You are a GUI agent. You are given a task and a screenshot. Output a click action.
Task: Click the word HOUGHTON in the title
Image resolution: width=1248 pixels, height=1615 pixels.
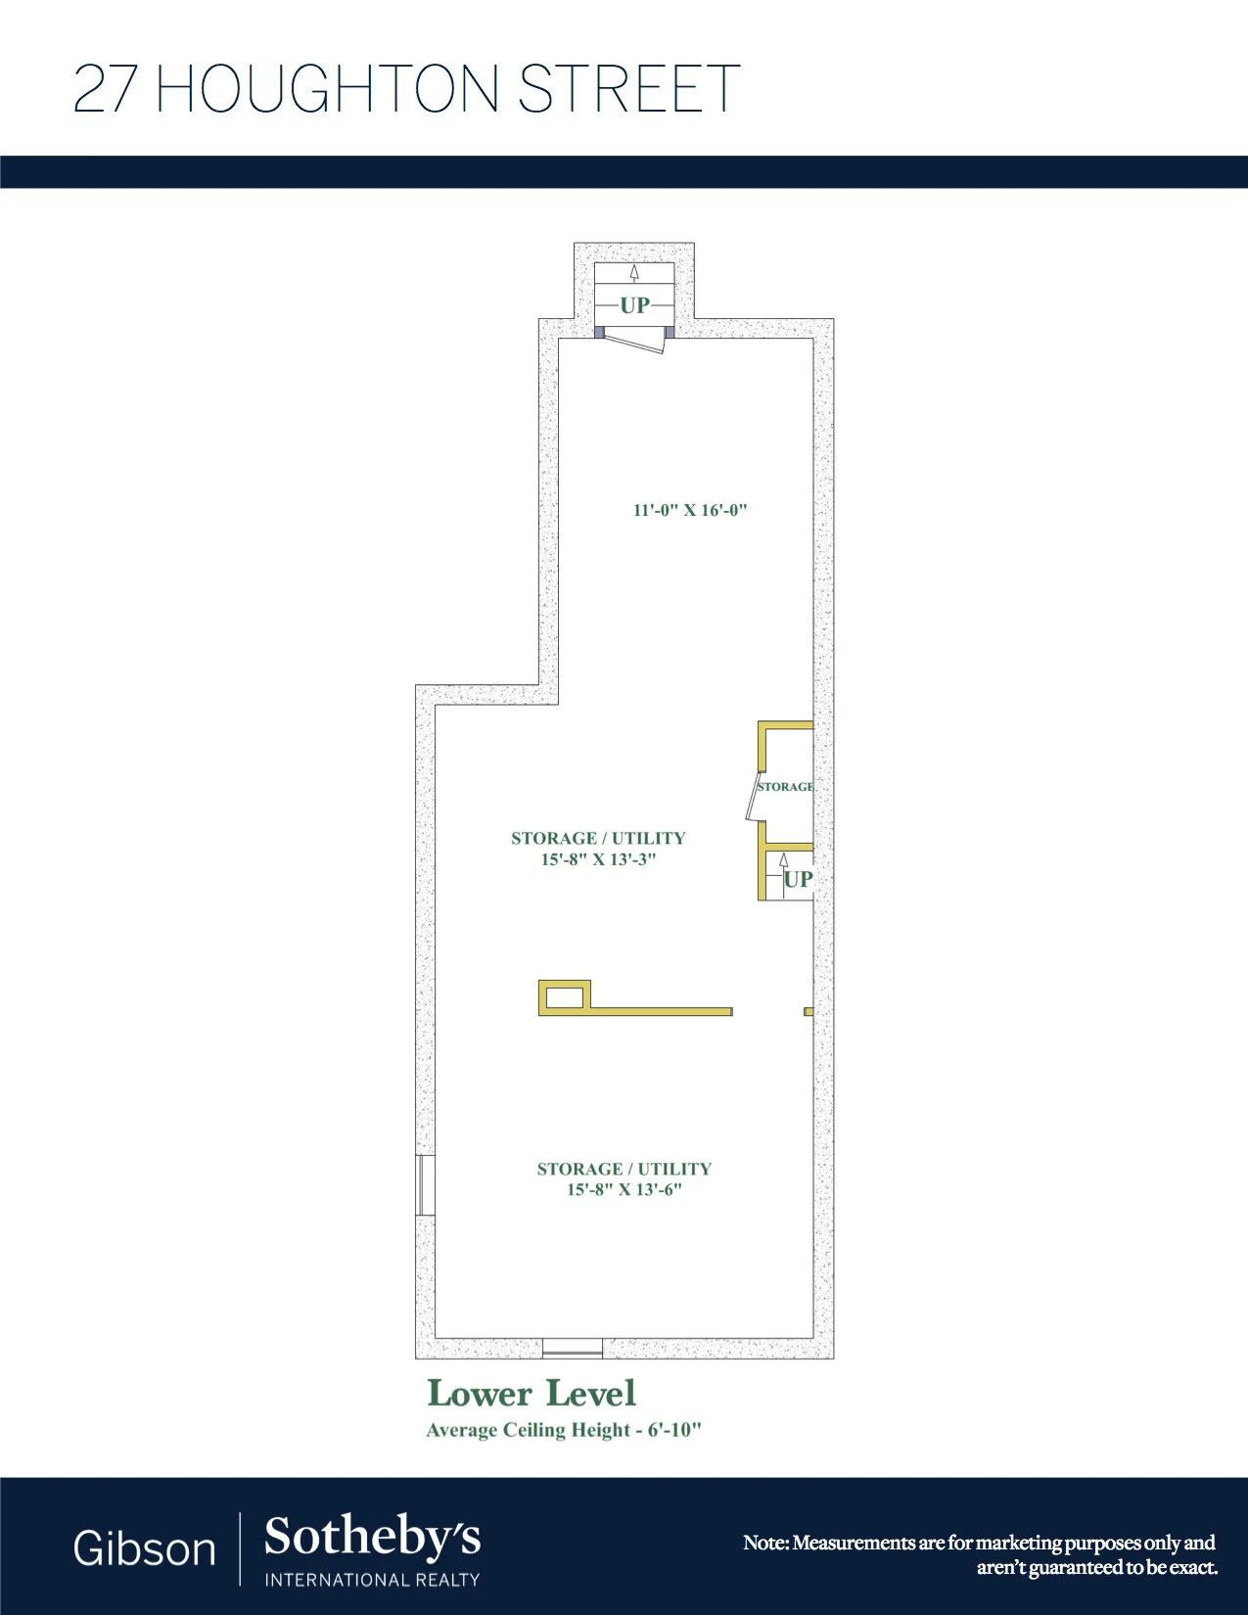[x=327, y=88]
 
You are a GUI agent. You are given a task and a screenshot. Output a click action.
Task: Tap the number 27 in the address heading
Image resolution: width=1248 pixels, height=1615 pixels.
[x=105, y=88]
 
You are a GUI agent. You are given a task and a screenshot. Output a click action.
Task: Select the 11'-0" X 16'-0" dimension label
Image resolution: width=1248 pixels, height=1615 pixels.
[x=690, y=510]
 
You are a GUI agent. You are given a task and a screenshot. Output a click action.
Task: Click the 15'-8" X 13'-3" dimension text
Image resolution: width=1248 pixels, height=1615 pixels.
[x=598, y=859]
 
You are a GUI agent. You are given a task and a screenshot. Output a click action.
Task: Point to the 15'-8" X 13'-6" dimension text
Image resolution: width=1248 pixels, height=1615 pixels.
[x=624, y=1189]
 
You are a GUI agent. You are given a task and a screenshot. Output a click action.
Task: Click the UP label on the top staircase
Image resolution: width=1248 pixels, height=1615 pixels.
[x=635, y=304]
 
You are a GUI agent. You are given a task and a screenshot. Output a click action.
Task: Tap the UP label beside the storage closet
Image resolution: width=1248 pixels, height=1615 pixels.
[x=799, y=879]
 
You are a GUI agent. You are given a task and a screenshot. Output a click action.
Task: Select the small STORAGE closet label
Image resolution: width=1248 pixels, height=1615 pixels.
[x=785, y=786]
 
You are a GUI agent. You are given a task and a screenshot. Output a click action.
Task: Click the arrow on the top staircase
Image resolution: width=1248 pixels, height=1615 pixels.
[x=634, y=273]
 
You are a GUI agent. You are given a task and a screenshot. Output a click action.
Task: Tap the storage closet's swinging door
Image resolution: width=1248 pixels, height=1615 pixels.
[x=752, y=798]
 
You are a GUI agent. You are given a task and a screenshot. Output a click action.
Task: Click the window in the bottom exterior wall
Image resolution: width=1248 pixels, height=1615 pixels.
[x=573, y=1348]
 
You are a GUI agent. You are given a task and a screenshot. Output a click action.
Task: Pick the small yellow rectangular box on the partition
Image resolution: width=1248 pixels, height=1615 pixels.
[x=565, y=997]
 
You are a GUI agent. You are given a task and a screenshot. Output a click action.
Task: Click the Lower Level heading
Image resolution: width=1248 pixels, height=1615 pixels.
[x=532, y=1394]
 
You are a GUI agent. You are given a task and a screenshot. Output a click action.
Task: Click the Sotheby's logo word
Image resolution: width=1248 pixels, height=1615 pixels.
[x=372, y=1536]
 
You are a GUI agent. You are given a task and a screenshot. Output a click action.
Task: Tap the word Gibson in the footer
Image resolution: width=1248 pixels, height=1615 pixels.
[x=144, y=1548]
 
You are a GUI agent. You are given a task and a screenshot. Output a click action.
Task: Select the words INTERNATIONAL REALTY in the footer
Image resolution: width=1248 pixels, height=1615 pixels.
[x=372, y=1580]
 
